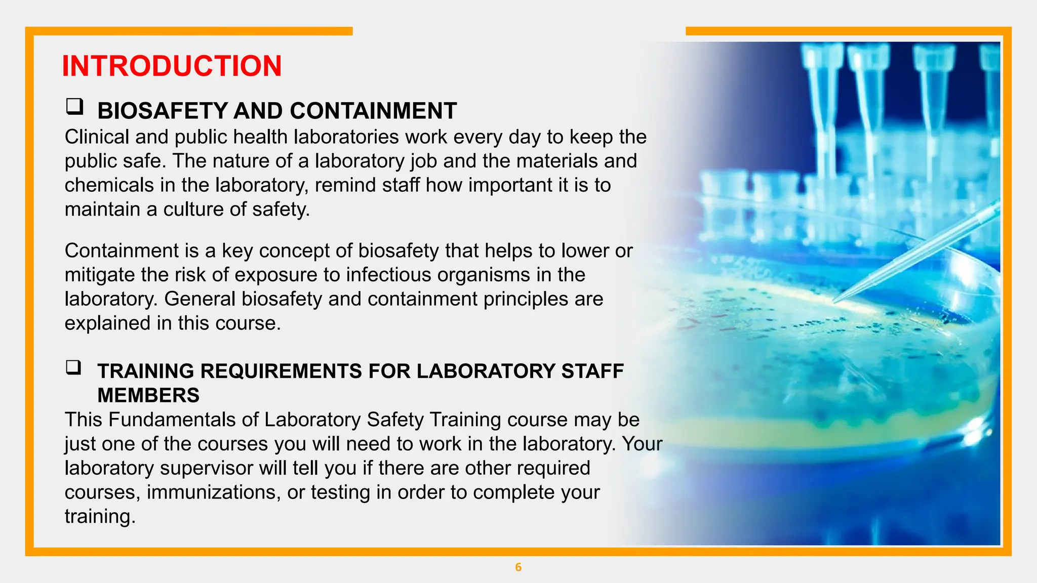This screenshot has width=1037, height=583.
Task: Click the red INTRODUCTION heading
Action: [172, 66]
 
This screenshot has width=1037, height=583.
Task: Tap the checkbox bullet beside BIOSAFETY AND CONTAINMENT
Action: [74, 107]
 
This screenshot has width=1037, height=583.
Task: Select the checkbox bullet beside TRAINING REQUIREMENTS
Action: [73, 367]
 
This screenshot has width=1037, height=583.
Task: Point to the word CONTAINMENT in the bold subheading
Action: [373, 111]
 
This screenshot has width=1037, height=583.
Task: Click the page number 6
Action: [518, 567]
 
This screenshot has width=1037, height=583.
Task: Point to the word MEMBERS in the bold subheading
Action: [148, 395]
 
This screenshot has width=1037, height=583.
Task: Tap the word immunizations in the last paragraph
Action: [214, 492]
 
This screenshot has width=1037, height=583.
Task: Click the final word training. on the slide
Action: [100, 517]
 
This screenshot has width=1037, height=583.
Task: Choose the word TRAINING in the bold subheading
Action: [146, 371]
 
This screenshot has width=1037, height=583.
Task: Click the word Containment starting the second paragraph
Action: [122, 251]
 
